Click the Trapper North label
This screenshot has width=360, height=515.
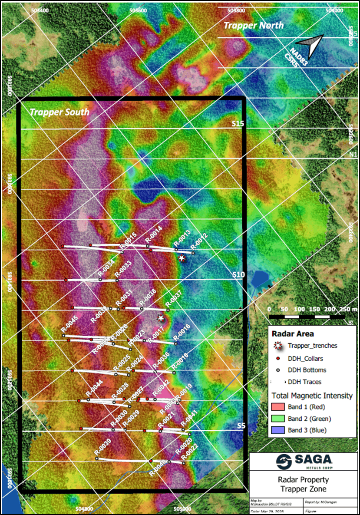click(253, 26)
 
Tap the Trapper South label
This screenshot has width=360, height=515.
click(59, 112)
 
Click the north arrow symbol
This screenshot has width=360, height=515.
click(310, 45)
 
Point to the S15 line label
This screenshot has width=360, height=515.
click(238, 124)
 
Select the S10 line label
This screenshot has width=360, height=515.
click(238, 274)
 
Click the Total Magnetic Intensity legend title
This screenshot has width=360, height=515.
click(312, 396)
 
